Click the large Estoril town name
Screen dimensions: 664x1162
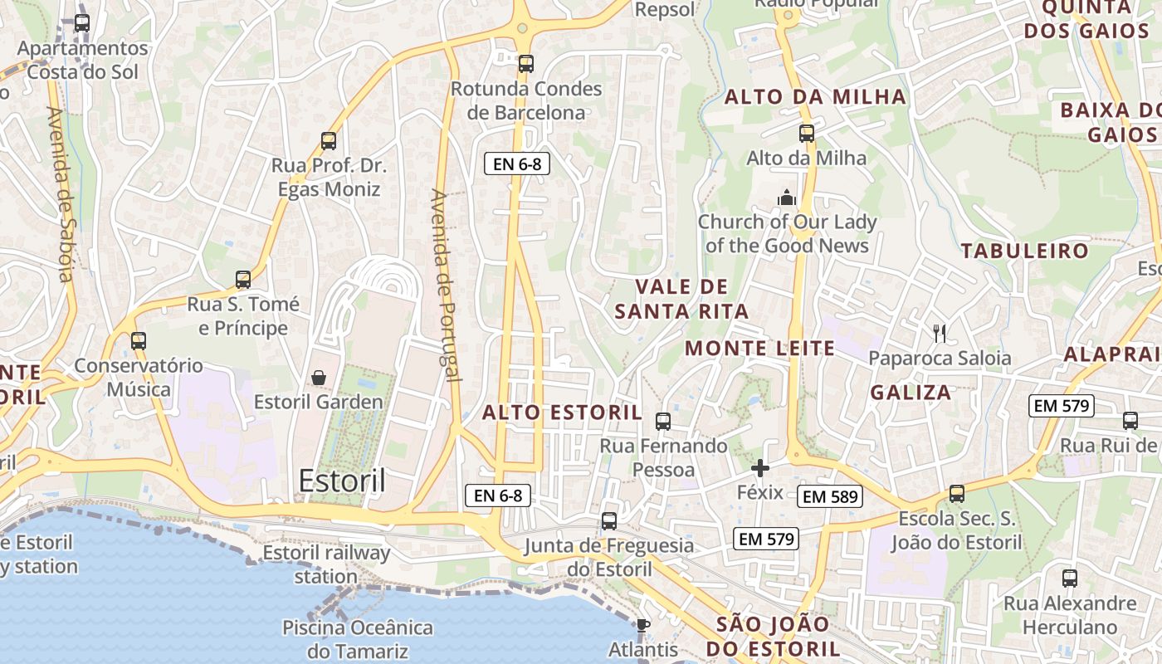(342, 481)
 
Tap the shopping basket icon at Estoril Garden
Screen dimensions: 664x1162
(319, 378)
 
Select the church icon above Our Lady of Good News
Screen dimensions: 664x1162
(786, 198)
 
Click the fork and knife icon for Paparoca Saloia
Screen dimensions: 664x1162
(940, 334)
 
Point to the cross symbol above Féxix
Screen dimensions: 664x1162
(760, 468)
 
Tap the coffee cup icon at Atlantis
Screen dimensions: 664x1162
(642, 625)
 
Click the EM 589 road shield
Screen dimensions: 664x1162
(831, 497)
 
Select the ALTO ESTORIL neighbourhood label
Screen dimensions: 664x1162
(562, 413)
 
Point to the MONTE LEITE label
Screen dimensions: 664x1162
(759, 349)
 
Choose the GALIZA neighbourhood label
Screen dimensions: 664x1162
(911, 393)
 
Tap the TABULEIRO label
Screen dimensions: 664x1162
(1024, 251)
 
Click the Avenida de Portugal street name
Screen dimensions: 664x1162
(446, 285)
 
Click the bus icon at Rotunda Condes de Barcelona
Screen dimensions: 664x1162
(525, 64)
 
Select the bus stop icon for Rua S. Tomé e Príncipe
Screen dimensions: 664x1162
(243, 280)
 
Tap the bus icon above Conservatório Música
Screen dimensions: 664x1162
(139, 340)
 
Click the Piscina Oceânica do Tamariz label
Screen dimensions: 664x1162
(358, 638)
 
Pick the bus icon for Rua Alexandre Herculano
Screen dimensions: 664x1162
(1070, 579)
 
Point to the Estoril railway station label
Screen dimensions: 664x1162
(326, 564)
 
